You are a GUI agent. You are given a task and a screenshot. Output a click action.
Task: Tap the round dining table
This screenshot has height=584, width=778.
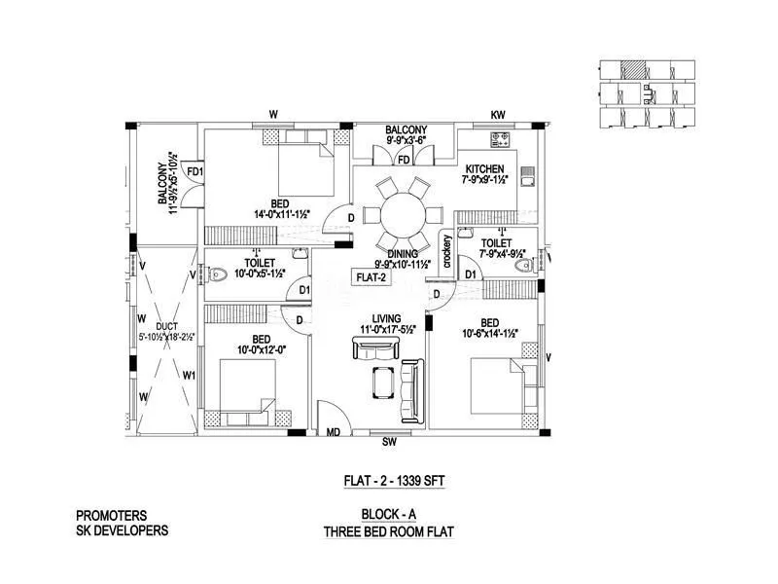[403, 214]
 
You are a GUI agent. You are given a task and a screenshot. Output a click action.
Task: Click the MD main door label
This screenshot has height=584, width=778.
[333, 432]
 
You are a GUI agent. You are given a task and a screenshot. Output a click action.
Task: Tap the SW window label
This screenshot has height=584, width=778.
[389, 442]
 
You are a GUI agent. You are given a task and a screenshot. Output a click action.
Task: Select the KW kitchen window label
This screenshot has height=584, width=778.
[498, 115]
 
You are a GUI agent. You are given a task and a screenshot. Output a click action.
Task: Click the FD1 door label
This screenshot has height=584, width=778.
[194, 172]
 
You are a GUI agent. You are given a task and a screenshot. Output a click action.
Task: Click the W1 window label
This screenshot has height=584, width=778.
[190, 375]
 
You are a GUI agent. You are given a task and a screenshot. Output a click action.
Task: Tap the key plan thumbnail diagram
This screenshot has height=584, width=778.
[648, 93]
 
